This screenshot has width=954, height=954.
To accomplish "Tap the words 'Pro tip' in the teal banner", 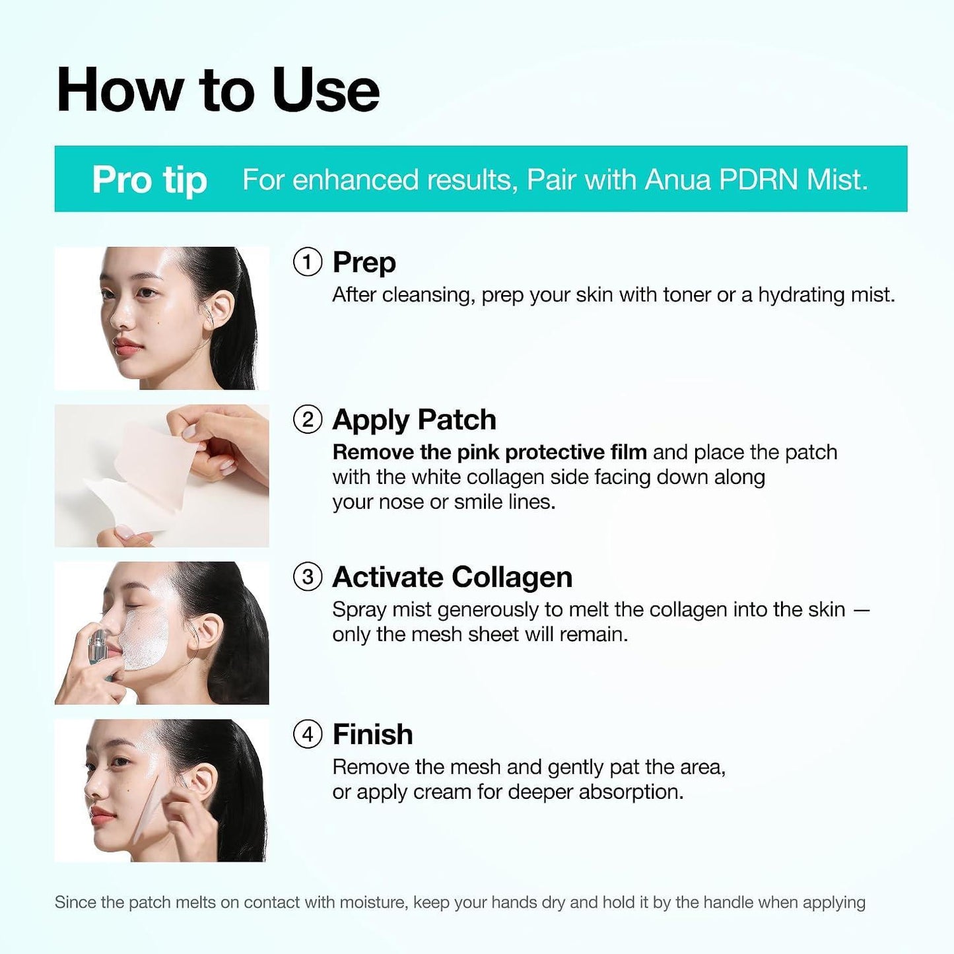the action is [149, 180].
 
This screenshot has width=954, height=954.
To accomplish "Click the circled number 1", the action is [308, 262].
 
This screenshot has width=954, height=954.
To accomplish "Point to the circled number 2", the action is [308, 420].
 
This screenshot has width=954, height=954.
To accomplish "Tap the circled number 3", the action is [308, 577].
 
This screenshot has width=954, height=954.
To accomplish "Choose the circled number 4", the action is [308, 734].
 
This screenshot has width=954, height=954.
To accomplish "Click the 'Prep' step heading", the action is [364, 263].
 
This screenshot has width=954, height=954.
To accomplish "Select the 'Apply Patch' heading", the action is [415, 421].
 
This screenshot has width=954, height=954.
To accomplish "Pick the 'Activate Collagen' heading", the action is [452, 577].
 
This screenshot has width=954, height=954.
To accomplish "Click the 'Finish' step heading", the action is [373, 734].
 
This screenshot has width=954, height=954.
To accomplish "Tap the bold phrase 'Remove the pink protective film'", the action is [490, 452].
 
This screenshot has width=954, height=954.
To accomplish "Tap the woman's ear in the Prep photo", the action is [218, 312].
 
